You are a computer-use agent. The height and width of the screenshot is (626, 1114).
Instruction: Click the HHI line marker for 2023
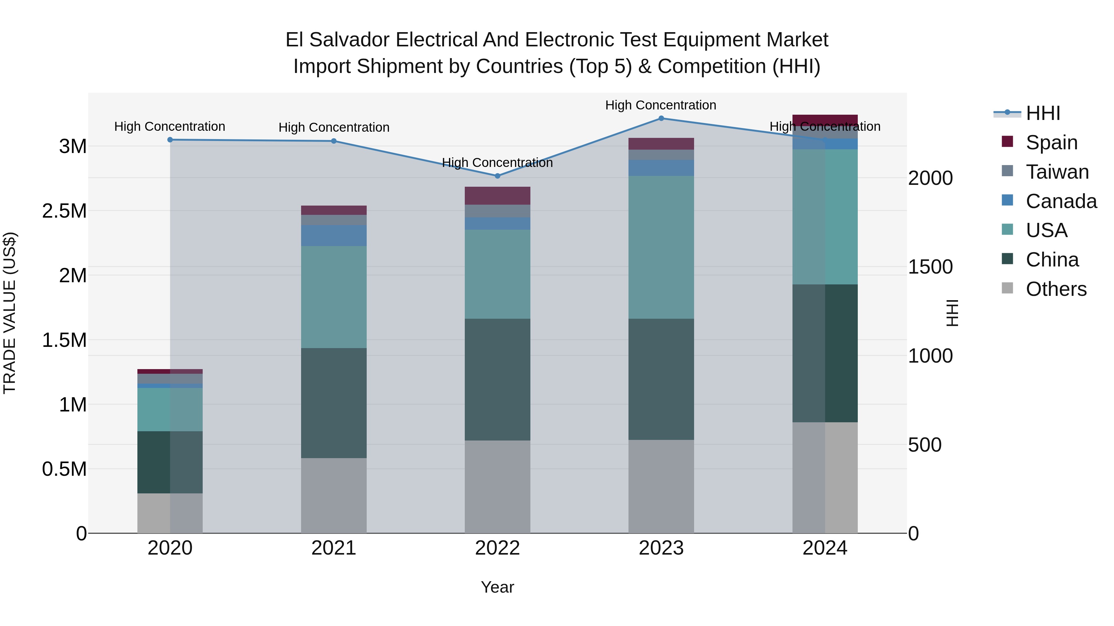pyautogui.click(x=661, y=118)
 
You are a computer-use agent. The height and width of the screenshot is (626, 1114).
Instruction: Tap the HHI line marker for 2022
pyautogui.click(x=497, y=176)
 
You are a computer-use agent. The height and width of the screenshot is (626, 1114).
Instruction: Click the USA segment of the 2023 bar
pyautogui.click(x=661, y=247)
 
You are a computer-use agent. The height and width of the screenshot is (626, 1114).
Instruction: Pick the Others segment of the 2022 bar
pyautogui.click(x=497, y=487)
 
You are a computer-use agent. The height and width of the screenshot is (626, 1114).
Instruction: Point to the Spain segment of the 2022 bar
pyautogui.click(x=497, y=196)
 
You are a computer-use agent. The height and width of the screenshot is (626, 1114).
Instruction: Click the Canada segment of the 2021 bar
pyautogui.click(x=333, y=236)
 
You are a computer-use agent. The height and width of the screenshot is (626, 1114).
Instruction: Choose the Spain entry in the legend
pyautogui.click(x=1051, y=143)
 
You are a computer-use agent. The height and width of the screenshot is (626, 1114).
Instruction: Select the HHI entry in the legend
pyautogui.click(x=1042, y=113)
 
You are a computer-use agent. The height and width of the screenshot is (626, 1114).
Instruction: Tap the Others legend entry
pyautogui.click(x=1055, y=289)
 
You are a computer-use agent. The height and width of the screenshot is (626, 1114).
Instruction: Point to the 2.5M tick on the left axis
pyautogui.click(x=64, y=211)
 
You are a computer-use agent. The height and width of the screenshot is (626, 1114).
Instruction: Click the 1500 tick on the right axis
pyautogui.click(x=930, y=267)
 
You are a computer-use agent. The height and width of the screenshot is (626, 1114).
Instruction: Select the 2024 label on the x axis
pyautogui.click(x=825, y=548)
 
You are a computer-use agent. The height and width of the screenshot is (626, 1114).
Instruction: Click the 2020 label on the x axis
pyautogui.click(x=170, y=548)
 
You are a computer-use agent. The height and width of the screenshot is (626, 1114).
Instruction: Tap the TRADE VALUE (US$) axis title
pyautogui.click(x=10, y=313)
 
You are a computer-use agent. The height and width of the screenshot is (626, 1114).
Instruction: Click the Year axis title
pyautogui.click(x=497, y=587)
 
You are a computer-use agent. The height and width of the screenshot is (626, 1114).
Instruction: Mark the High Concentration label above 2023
pyautogui.click(x=660, y=105)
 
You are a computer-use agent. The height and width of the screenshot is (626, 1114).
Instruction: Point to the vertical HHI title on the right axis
pyautogui.click(x=952, y=313)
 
